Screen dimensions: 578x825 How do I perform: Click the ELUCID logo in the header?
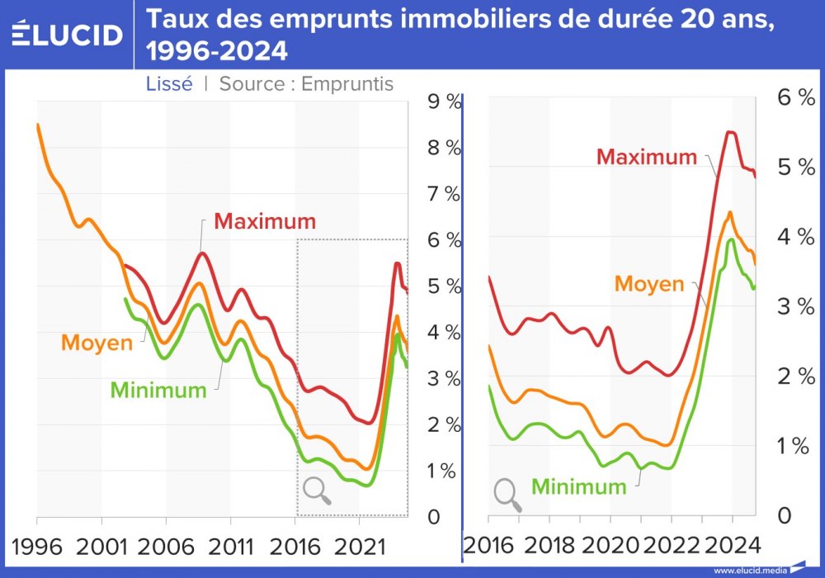tap(67, 34)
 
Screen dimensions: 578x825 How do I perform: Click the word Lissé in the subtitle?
tap(169, 83)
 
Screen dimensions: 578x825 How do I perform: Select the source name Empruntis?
tap(347, 83)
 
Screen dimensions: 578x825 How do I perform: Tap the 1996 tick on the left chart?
tap(37, 546)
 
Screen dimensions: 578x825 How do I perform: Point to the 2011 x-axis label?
tap(229, 546)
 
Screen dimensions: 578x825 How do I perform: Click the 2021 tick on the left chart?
tap(358, 546)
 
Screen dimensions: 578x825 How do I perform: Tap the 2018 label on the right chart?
tap(549, 546)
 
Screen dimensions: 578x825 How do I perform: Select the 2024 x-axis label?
tap(731, 546)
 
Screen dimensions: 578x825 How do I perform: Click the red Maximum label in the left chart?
tap(265, 221)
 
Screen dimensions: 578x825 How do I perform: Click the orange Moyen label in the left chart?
tap(97, 342)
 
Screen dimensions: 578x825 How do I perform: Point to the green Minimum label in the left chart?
tap(158, 390)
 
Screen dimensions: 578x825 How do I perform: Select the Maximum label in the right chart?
tap(647, 156)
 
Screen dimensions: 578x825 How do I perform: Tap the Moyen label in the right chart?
tap(649, 284)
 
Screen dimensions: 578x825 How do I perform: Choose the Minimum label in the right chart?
tap(579, 486)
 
